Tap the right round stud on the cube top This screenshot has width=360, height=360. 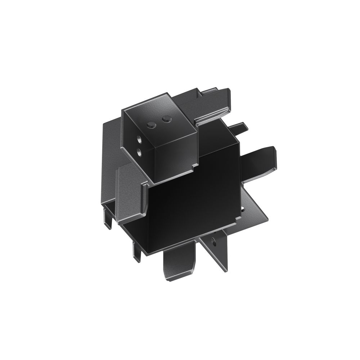(166, 118)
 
